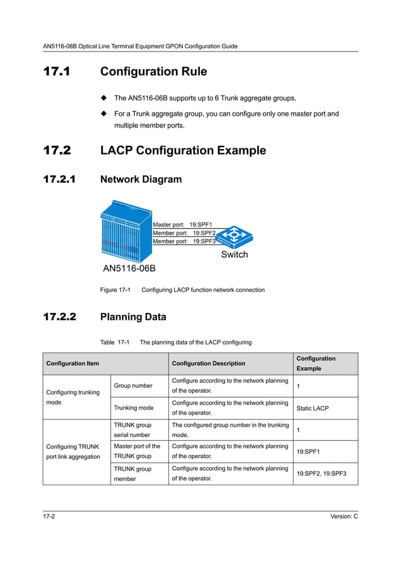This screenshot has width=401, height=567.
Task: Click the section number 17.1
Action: (x=57, y=72)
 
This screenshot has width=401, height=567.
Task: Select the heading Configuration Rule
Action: (x=153, y=72)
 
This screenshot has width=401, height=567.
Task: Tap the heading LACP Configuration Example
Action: (x=183, y=151)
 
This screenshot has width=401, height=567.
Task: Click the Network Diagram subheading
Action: (x=141, y=180)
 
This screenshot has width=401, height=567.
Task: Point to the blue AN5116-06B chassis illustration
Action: (x=126, y=231)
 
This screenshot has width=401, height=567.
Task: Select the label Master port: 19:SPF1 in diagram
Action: (x=183, y=224)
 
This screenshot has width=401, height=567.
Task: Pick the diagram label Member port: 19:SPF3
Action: (x=184, y=241)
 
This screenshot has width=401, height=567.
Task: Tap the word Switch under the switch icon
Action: (x=234, y=255)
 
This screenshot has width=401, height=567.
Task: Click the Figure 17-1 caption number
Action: (x=115, y=290)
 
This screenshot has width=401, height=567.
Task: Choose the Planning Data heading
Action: (x=133, y=317)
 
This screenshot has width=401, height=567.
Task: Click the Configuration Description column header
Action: (x=208, y=363)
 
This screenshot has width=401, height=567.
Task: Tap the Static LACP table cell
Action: (x=312, y=408)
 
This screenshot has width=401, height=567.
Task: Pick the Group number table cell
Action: (x=133, y=385)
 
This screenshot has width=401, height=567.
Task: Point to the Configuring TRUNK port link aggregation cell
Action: (x=74, y=451)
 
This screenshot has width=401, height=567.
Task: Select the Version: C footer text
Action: (x=344, y=516)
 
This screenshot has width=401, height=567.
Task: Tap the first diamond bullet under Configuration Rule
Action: (x=104, y=99)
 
